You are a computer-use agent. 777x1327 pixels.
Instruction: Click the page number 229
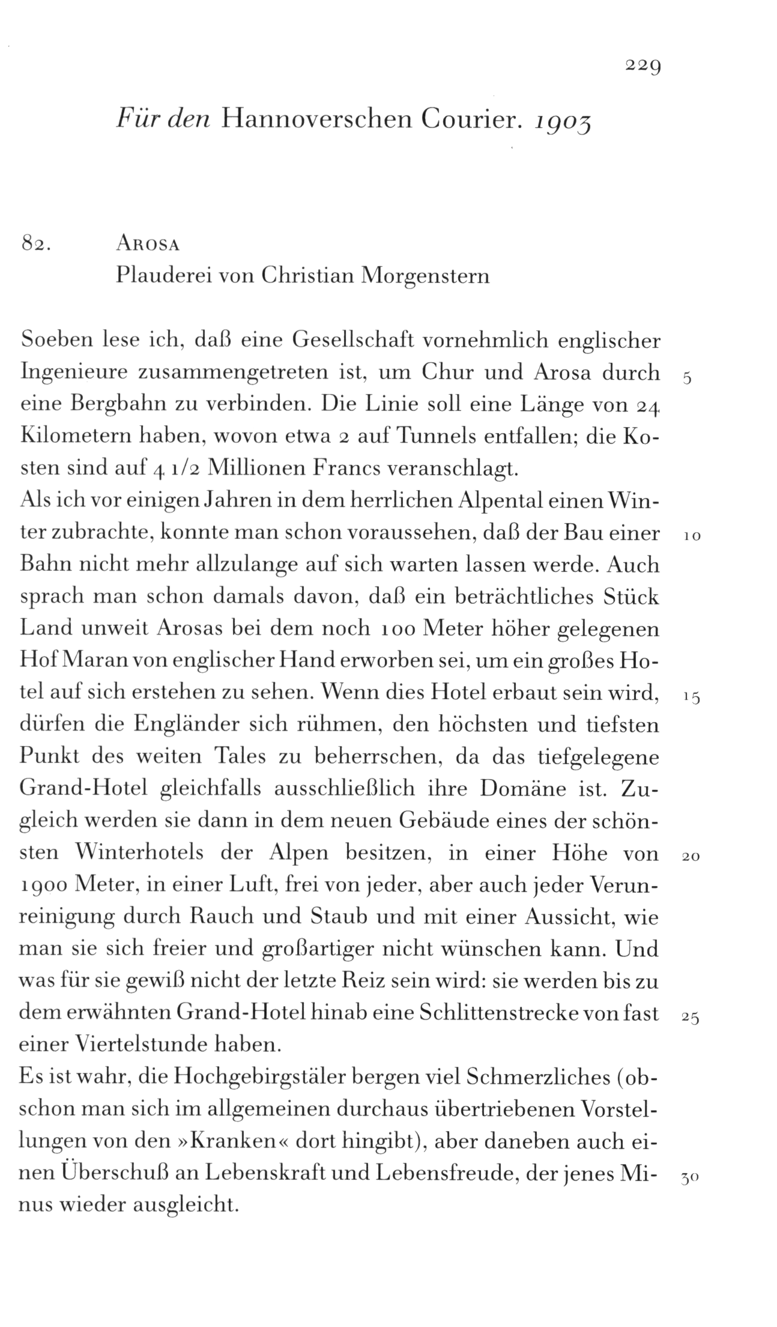pyautogui.click(x=642, y=64)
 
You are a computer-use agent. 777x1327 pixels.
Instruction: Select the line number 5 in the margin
pyautogui.click(x=688, y=379)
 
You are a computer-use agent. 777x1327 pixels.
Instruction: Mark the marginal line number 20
pyautogui.click(x=691, y=858)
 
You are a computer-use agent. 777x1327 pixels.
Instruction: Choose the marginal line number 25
pyautogui.click(x=691, y=1019)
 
